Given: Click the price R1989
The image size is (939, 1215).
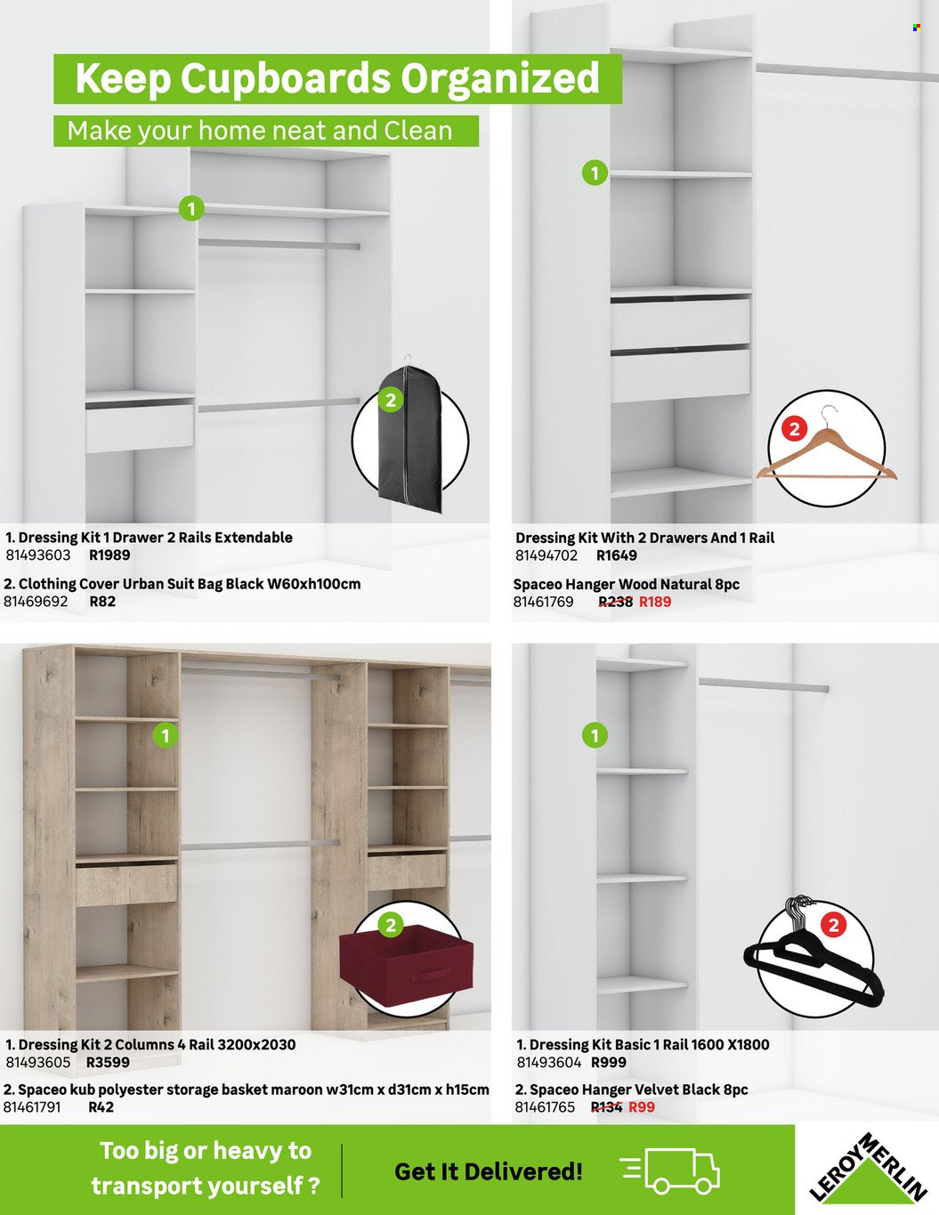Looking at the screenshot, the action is pos(109,555).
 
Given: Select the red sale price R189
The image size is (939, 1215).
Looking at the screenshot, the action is pos(655,602).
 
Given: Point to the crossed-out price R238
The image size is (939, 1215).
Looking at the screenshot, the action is pos(615,602).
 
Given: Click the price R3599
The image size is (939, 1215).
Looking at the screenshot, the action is pos(108,1063).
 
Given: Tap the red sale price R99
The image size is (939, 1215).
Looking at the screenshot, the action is pos(642,1107).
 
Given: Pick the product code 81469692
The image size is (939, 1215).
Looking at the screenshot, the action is pos(36,602).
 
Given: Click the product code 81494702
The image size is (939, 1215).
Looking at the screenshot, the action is pos(546,555).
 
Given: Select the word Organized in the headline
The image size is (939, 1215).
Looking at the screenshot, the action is pos(500,79).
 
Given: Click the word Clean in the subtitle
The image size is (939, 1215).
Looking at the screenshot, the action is pos(418,131).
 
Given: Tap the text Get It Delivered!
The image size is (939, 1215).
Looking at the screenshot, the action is pos(489,1171).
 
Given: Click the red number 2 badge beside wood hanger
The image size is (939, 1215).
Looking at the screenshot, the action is pos(794,429).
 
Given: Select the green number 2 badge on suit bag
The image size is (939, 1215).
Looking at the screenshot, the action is pos(391,400).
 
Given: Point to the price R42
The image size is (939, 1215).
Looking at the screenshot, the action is pos(101,1107).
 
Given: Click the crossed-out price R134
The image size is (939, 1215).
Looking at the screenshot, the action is pos(606,1107).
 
